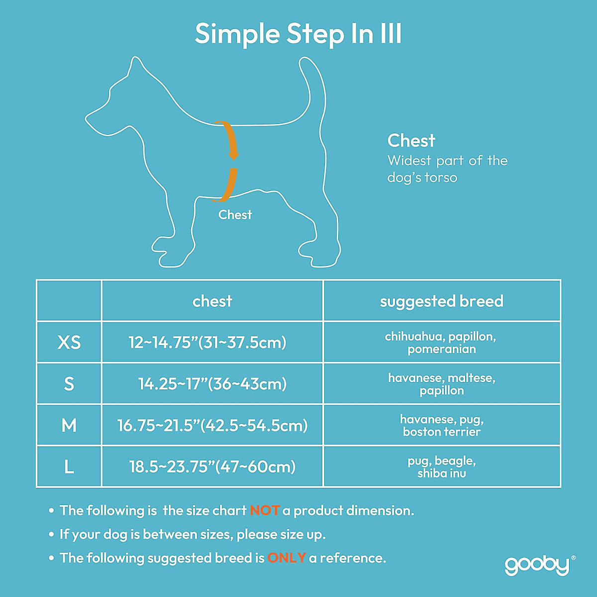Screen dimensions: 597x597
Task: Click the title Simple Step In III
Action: coord(298,34)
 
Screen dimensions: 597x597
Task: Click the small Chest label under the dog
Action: coord(235,215)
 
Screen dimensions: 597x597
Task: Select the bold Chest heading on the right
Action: coord(411,141)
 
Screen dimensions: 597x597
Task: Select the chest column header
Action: coord(212,301)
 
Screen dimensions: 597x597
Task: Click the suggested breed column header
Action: coord(441,301)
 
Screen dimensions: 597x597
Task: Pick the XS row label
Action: coord(69,342)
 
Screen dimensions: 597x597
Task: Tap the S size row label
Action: coord(69,384)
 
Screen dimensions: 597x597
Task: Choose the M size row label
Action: coord(69,425)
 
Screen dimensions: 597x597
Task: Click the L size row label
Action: coord(69,467)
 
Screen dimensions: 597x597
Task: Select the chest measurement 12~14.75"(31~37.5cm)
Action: coord(207,342)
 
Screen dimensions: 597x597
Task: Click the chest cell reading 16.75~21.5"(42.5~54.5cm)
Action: coord(212,425)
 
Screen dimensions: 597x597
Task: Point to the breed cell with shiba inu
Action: coord(441,467)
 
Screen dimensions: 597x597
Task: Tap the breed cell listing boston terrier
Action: coord(441,426)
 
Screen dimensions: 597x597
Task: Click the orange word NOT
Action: coord(265,510)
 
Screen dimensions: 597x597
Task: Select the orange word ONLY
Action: coord(287,558)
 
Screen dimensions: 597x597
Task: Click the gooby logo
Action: coord(537,565)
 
